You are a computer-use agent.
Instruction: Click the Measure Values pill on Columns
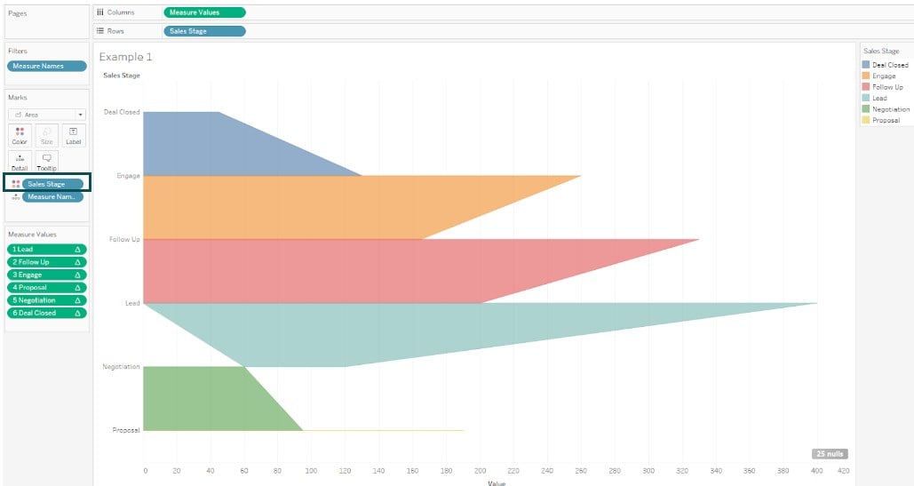[x=204, y=12]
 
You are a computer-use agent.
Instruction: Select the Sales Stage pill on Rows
[x=204, y=31]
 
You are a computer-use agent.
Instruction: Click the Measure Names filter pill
[x=47, y=66]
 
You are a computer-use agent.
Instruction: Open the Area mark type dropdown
[x=47, y=115]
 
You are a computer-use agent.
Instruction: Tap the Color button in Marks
[x=20, y=135]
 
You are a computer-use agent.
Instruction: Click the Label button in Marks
[x=73, y=135]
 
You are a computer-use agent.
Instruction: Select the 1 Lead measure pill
[x=47, y=250]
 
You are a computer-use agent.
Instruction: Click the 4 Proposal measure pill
[x=47, y=288]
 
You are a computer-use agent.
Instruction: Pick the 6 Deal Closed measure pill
[x=47, y=313]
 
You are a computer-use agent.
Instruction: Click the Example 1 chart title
[x=126, y=57]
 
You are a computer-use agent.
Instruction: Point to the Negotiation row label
[x=121, y=367]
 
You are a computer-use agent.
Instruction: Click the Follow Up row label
[x=124, y=240]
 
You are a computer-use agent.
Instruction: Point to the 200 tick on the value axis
[x=481, y=471]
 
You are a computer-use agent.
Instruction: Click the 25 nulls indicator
[x=829, y=454]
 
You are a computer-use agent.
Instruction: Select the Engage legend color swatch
[x=866, y=76]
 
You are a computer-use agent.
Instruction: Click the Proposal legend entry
[x=886, y=120]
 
